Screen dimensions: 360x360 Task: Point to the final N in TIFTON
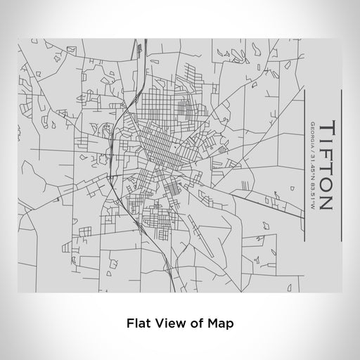point(326,202)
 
